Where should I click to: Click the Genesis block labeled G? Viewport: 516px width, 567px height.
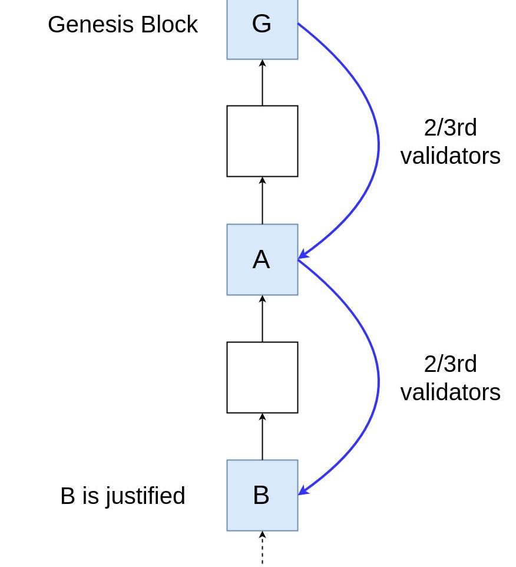point(262,27)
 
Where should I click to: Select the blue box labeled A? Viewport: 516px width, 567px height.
point(262,259)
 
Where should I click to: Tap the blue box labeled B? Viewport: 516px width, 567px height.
point(262,495)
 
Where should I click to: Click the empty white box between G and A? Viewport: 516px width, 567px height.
point(262,141)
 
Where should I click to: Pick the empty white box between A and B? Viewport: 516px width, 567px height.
point(262,377)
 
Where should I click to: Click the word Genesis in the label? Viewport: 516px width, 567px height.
point(92,25)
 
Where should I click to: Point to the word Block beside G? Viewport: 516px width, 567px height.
point(169,25)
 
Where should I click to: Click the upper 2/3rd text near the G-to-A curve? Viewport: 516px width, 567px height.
point(450,128)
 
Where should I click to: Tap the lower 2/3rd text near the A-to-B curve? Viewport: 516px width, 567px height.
point(450,364)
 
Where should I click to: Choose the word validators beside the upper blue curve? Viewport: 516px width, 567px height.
point(450,156)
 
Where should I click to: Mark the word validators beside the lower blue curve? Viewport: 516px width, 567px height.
point(450,393)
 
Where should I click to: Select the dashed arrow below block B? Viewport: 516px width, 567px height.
point(262,548)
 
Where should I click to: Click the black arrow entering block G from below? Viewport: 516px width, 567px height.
point(262,83)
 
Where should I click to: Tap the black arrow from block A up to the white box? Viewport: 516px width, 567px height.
point(262,200)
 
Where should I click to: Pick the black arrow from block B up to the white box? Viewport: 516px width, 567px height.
point(262,436)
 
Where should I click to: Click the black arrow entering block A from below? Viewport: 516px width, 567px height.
point(262,318)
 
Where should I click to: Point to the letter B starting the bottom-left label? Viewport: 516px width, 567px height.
point(67,496)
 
